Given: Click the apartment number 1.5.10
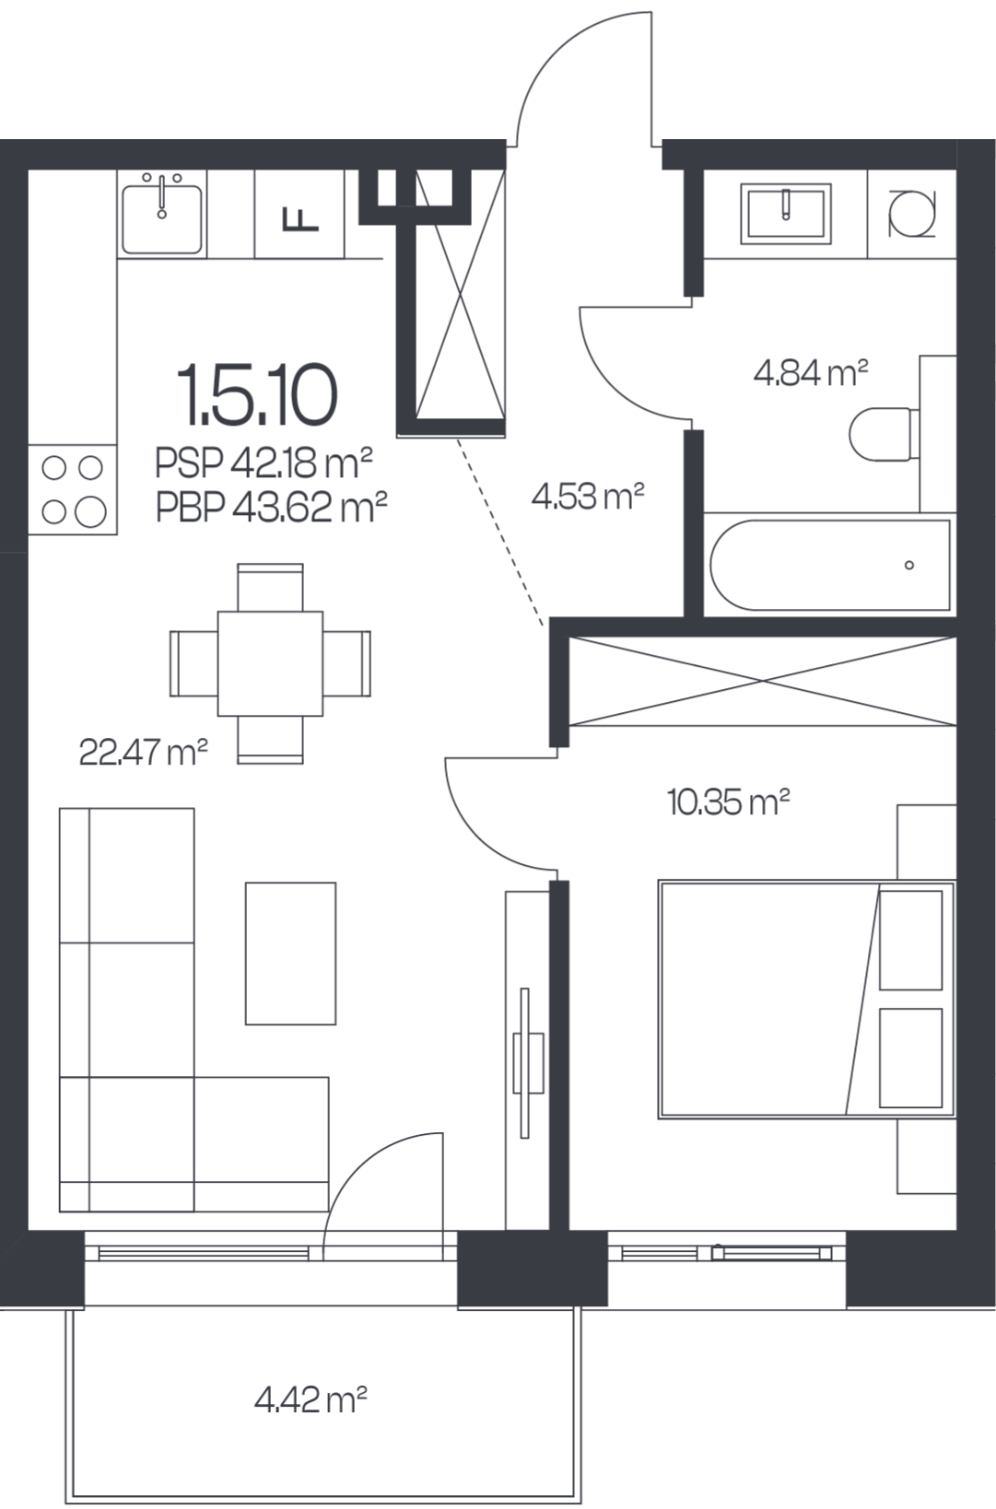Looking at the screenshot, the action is (x=257, y=395).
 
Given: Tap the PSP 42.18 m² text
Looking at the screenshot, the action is (x=264, y=462).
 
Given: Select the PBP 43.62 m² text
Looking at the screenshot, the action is (x=272, y=507).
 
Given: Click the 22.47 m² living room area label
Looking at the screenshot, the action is (x=143, y=752).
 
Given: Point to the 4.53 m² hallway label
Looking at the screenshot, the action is (x=588, y=497).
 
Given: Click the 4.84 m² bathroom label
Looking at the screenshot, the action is (x=811, y=372).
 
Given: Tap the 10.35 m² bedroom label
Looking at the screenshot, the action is (x=728, y=801).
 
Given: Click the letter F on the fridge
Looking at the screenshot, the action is (x=299, y=219).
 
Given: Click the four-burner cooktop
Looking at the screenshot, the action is (x=73, y=490).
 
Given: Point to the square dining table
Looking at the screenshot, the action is (x=270, y=663).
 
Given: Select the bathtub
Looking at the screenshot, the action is (x=829, y=565).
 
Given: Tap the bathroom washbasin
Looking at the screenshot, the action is (x=786, y=213).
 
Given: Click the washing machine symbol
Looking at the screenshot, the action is (x=912, y=214).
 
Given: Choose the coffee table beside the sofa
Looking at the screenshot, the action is (x=290, y=953).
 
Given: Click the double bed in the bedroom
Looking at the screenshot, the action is (x=806, y=999).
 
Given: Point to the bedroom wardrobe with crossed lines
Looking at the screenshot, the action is (x=763, y=681).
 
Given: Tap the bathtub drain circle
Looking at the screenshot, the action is (x=909, y=566).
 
